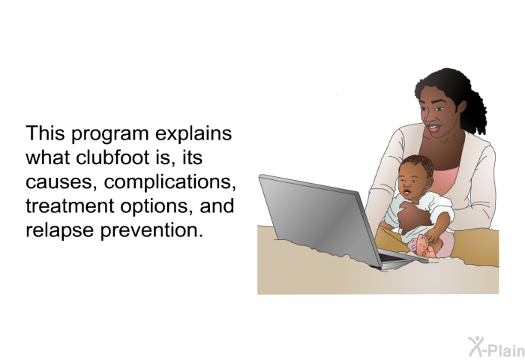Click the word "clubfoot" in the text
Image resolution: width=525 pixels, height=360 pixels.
coord(112,159)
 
